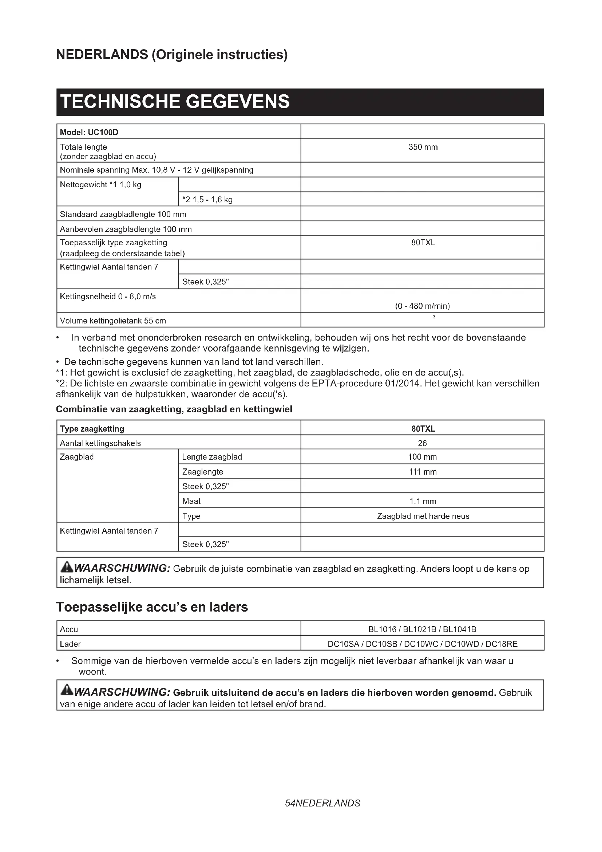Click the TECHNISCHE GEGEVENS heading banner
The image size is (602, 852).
300,102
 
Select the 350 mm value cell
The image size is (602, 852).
423,147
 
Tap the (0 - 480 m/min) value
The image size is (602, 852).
422,306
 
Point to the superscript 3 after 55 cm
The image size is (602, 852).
434,317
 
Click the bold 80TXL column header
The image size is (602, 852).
423,429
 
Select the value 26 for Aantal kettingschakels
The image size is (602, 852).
422,443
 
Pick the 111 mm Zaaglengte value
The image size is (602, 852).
423,472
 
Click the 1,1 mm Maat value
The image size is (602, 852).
423,501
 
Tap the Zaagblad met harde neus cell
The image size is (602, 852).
423,516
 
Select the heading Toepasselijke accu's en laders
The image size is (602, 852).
152,608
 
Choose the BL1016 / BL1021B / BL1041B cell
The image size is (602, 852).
422,629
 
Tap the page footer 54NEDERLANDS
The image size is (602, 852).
322,804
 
